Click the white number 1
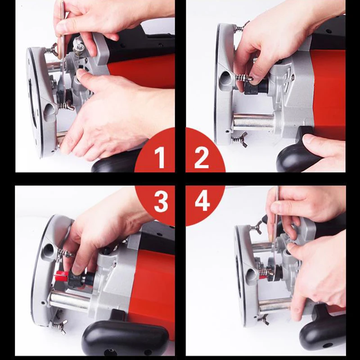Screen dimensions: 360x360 pos(160,157)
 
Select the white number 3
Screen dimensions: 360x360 pos(161,202)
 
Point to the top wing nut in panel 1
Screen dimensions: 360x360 pos(52,48)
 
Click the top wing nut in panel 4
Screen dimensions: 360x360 pos(257,228)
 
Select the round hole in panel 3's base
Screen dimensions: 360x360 pos(49,249)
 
